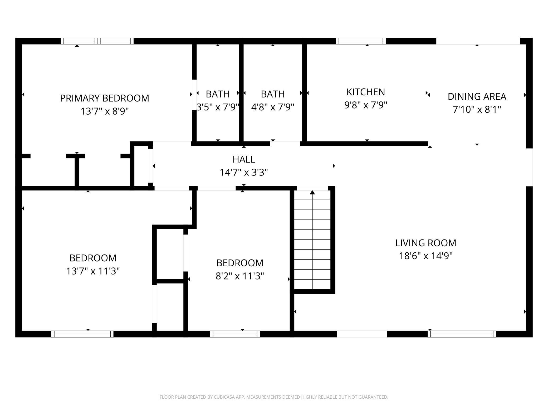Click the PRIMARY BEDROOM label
(x=104, y=98)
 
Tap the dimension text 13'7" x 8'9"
(x=104, y=111)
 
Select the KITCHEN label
(x=365, y=92)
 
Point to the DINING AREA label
(x=477, y=96)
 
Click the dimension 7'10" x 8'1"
(x=477, y=109)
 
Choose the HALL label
(x=244, y=159)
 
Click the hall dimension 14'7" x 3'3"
(x=244, y=172)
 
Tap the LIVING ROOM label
(x=425, y=243)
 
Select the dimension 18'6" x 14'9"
(x=425, y=256)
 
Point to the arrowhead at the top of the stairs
(x=312, y=192)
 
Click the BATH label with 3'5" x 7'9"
(x=218, y=94)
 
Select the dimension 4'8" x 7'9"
(x=272, y=107)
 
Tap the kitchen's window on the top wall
(x=361, y=41)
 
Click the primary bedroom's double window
(x=97, y=41)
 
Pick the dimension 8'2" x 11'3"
(x=239, y=276)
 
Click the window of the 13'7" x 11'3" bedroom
(x=82, y=334)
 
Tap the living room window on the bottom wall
(x=462, y=334)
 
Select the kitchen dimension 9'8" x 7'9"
(x=365, y=105)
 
